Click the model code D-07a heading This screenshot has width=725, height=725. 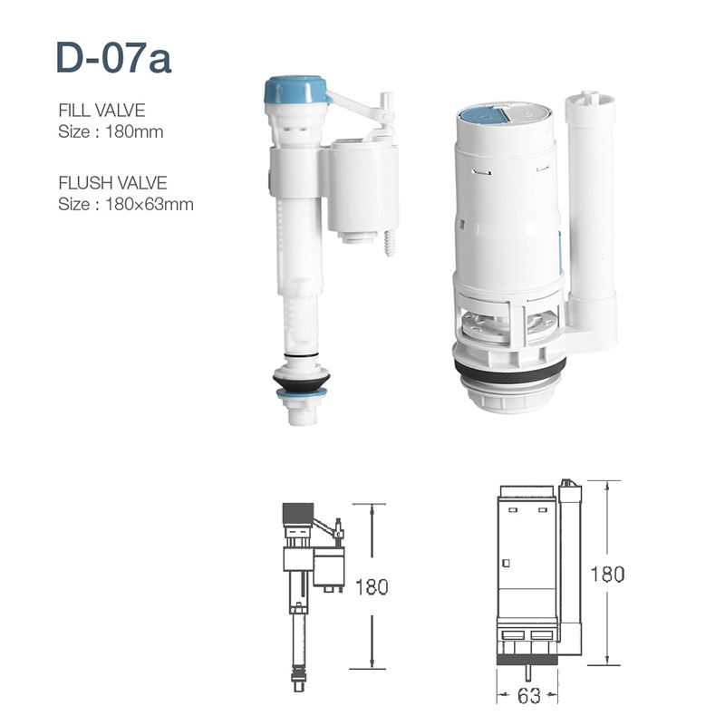pyautogui.click(x=112, y=58)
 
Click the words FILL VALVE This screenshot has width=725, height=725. pyautogui.click(x=101, y=111)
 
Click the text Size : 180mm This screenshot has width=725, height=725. pyautogui.click(x=110, y=130)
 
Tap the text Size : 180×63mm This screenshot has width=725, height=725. pyautogui.click(x=125, y=204)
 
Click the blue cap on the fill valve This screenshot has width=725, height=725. pyautogui.click(x=295, y=90)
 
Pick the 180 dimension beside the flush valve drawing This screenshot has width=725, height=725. pyautogui.click(x=606, y=574)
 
